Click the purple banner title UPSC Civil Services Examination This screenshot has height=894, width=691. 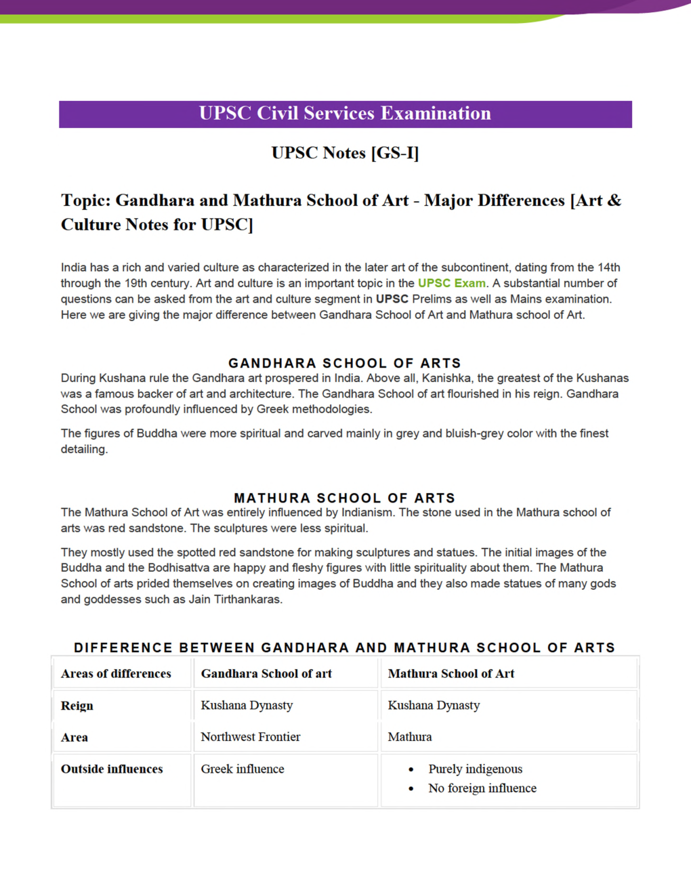(345, 114)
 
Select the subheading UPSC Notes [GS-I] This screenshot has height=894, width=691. (345, 153)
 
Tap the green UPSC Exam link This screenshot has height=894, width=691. (451, 283)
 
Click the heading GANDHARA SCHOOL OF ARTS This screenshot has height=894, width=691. (344, 363)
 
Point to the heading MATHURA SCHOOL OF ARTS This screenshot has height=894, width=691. (344, 498)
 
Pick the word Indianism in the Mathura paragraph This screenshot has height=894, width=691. (367, 513)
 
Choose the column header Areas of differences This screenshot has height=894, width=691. (116, 674)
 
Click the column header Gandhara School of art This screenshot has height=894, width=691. (266, 674)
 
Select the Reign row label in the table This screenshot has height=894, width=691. (77, 706)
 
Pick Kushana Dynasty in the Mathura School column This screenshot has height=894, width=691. (434, 706)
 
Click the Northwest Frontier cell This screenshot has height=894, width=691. (251, 737)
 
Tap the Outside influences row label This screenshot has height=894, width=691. (112, 769)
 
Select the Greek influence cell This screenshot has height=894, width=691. (243, 769)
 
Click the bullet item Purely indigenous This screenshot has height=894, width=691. (475, 769)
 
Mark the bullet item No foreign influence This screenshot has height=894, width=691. (482, 788)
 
